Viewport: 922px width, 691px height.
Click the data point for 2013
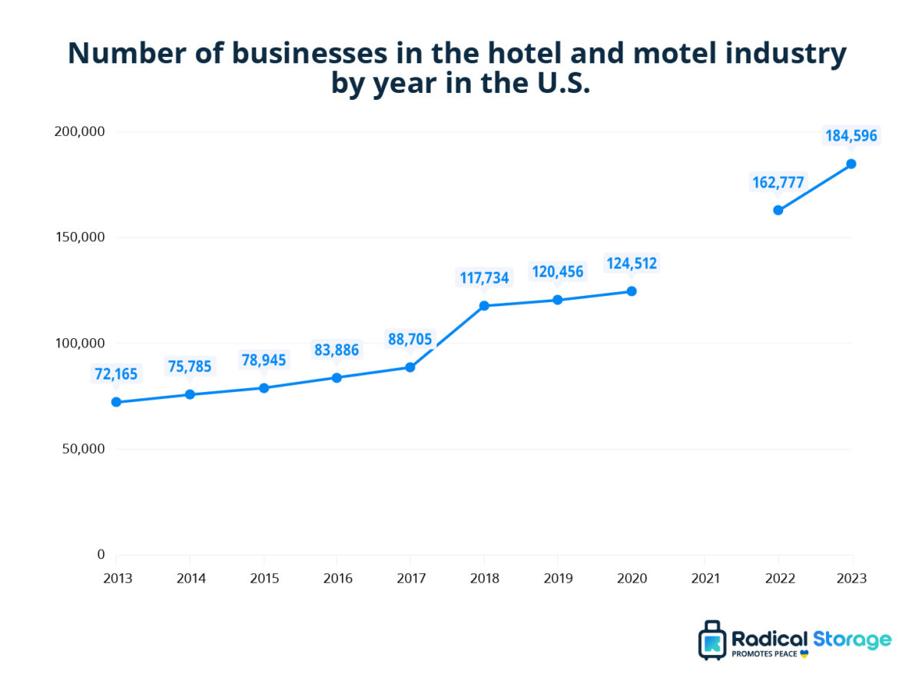click(x=116, y=402)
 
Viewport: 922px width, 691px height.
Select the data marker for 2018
click(x=484, y=306)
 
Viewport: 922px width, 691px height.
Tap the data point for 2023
click(x=851, y=164)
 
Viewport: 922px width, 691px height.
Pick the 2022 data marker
click(x=778, y=210)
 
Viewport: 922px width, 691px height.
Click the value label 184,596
click(x=851, y=136)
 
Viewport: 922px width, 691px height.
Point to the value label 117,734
click(x=484, y=277)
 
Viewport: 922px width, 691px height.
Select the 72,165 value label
click(x=116, y=374)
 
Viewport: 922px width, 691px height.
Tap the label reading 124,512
click(x=631, y=264)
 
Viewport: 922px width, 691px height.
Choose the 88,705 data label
click(x=410, y=339)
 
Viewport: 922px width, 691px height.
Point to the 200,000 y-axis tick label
click(x=80, y=131)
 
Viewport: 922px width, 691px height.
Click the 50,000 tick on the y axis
click(x=83, y=449)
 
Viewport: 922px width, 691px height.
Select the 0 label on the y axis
click(x=100, y=554)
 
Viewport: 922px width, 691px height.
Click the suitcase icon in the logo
click(x=712, y=640)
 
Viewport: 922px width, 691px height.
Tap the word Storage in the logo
click(x=853, y=639)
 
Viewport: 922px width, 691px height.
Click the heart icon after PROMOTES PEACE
click(x=804, y=654)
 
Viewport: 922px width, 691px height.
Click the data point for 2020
click(x=631, y=291)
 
